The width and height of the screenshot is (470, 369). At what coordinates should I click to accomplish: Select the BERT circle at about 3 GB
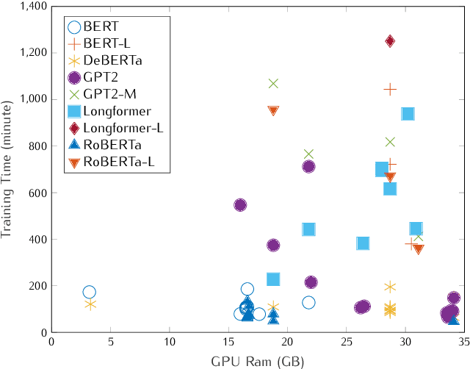[x=90, y=292]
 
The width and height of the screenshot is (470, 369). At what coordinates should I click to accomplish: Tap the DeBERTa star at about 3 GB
[x=90, y=304]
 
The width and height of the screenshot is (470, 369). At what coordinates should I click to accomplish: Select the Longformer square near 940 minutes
[x=408, y=113]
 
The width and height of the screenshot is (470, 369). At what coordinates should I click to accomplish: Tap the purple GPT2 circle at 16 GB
[x=240, y=205]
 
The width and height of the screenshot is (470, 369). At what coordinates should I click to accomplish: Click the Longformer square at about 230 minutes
[x=273, y=279]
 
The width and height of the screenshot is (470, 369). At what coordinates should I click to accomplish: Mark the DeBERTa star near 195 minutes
[x=390, y=287]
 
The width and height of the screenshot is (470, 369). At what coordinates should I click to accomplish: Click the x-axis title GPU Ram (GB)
[x=257, y=360]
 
